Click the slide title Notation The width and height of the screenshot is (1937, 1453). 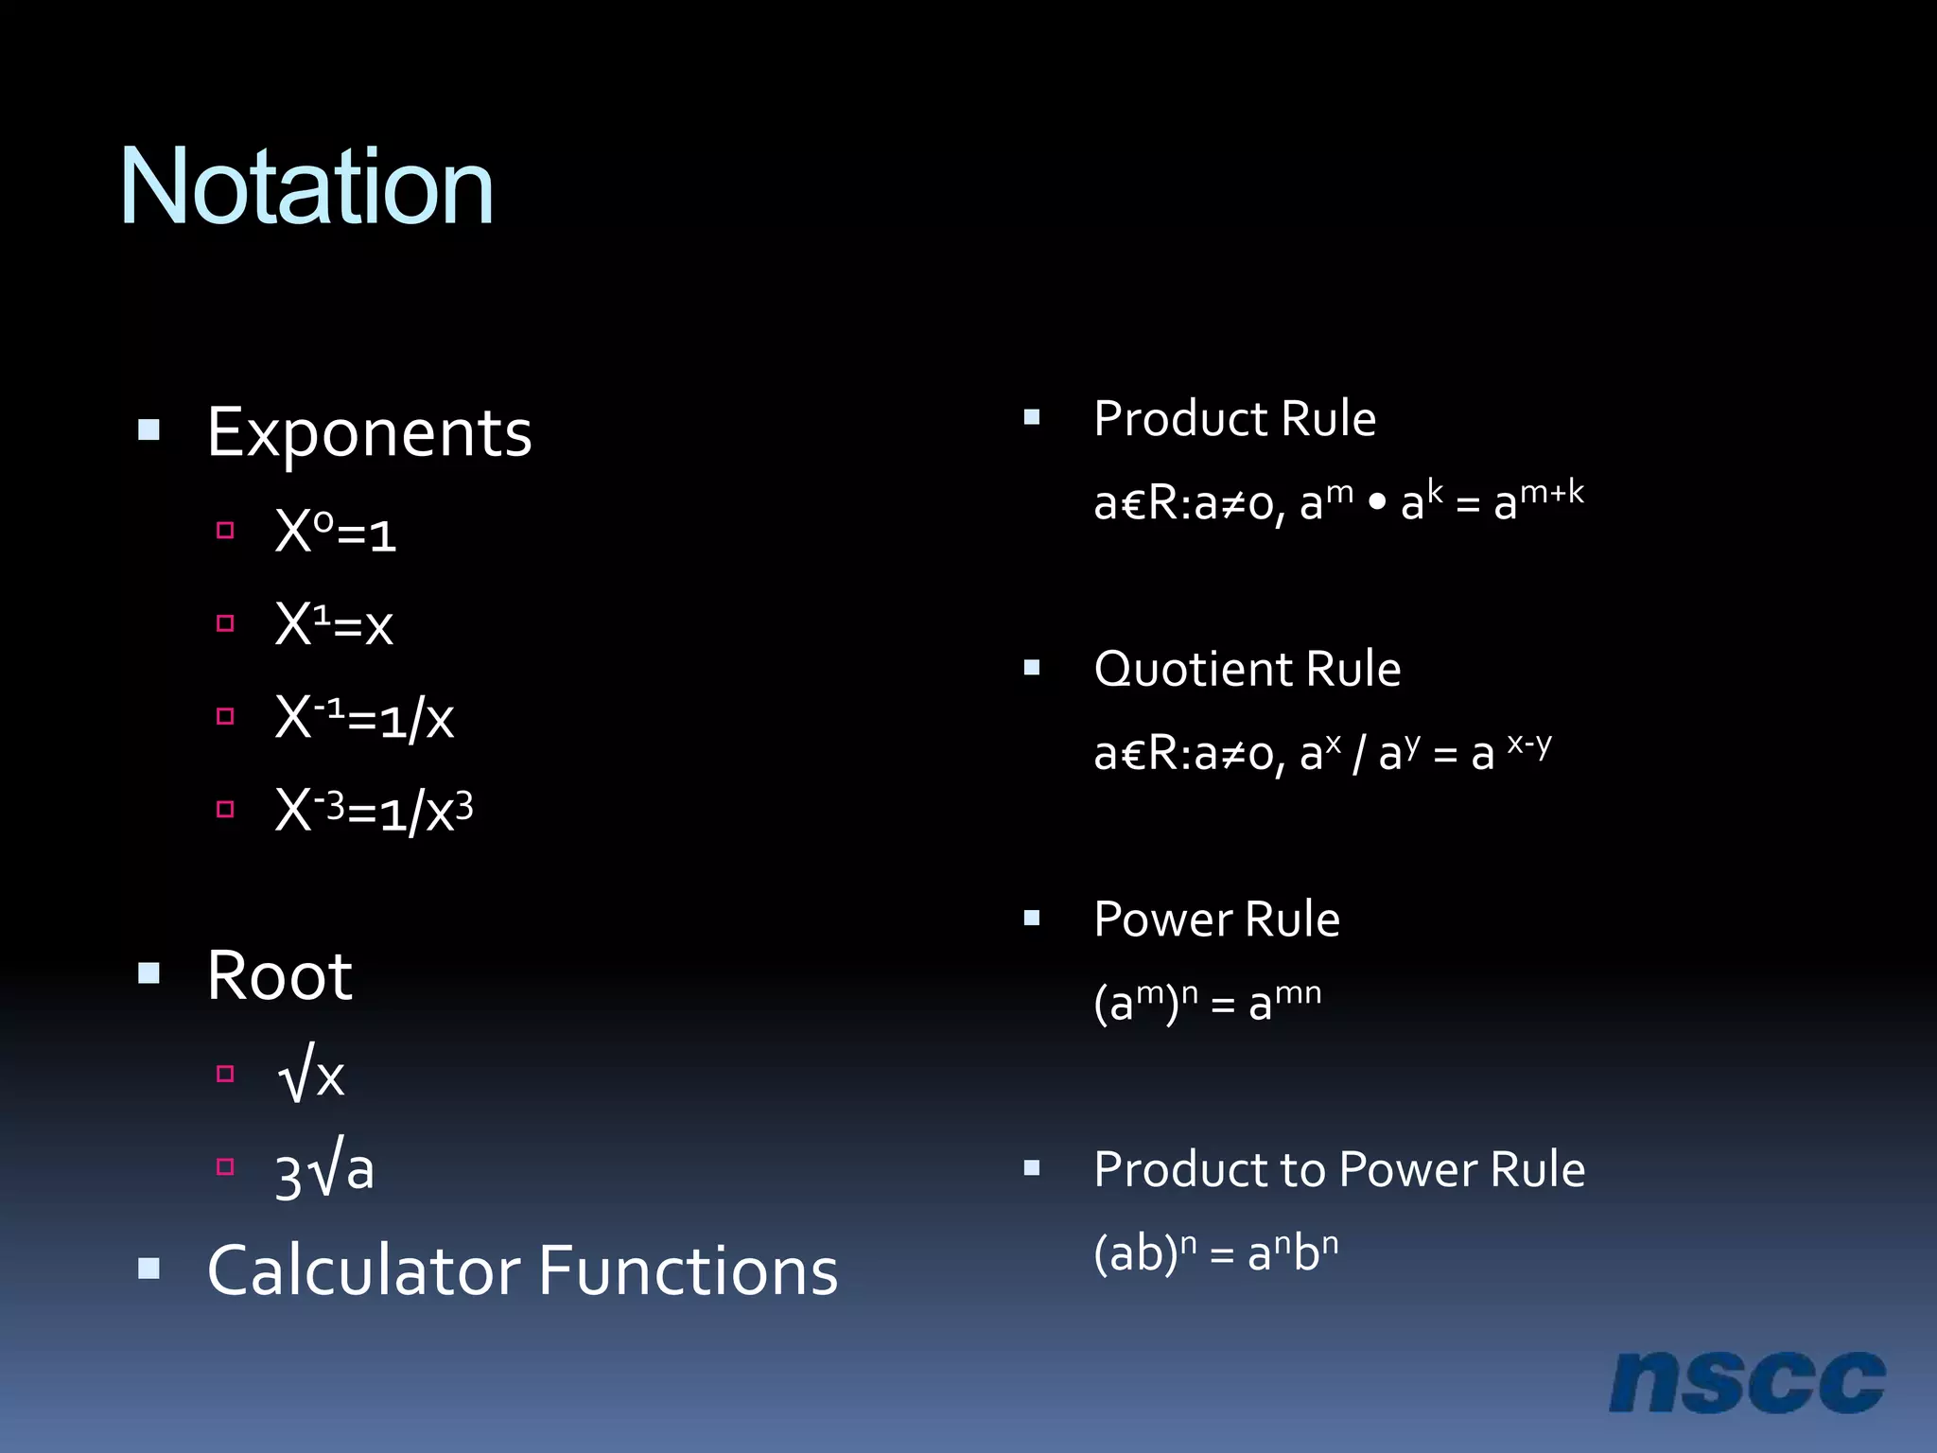coord(306,187)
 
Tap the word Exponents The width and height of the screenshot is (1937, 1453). coord(369,433)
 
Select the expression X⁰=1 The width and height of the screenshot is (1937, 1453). coord(335,532)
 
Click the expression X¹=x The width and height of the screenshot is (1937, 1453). coord(333,624)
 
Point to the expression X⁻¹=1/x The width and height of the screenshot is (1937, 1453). coord(364,718)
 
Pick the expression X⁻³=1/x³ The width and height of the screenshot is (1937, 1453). coord(374,811)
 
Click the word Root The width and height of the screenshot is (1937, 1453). coord(279,975)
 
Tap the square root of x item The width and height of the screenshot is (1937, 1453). coord(311,1076)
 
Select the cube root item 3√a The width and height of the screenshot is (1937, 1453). coord(324,1171)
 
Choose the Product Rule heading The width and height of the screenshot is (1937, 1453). coord(1234,418)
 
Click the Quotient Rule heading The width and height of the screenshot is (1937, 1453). coord(1247,669)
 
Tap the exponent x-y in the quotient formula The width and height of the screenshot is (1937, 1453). coord(1529,744)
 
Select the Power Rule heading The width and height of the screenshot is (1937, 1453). coord(1216,919)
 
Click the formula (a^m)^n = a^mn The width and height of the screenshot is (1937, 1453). coord(1207,1002)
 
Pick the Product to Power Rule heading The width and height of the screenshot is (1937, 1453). coord(1339,1169)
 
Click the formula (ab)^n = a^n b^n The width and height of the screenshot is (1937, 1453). coord(1215,1253)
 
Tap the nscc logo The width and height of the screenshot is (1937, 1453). coord(1746,1383)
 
